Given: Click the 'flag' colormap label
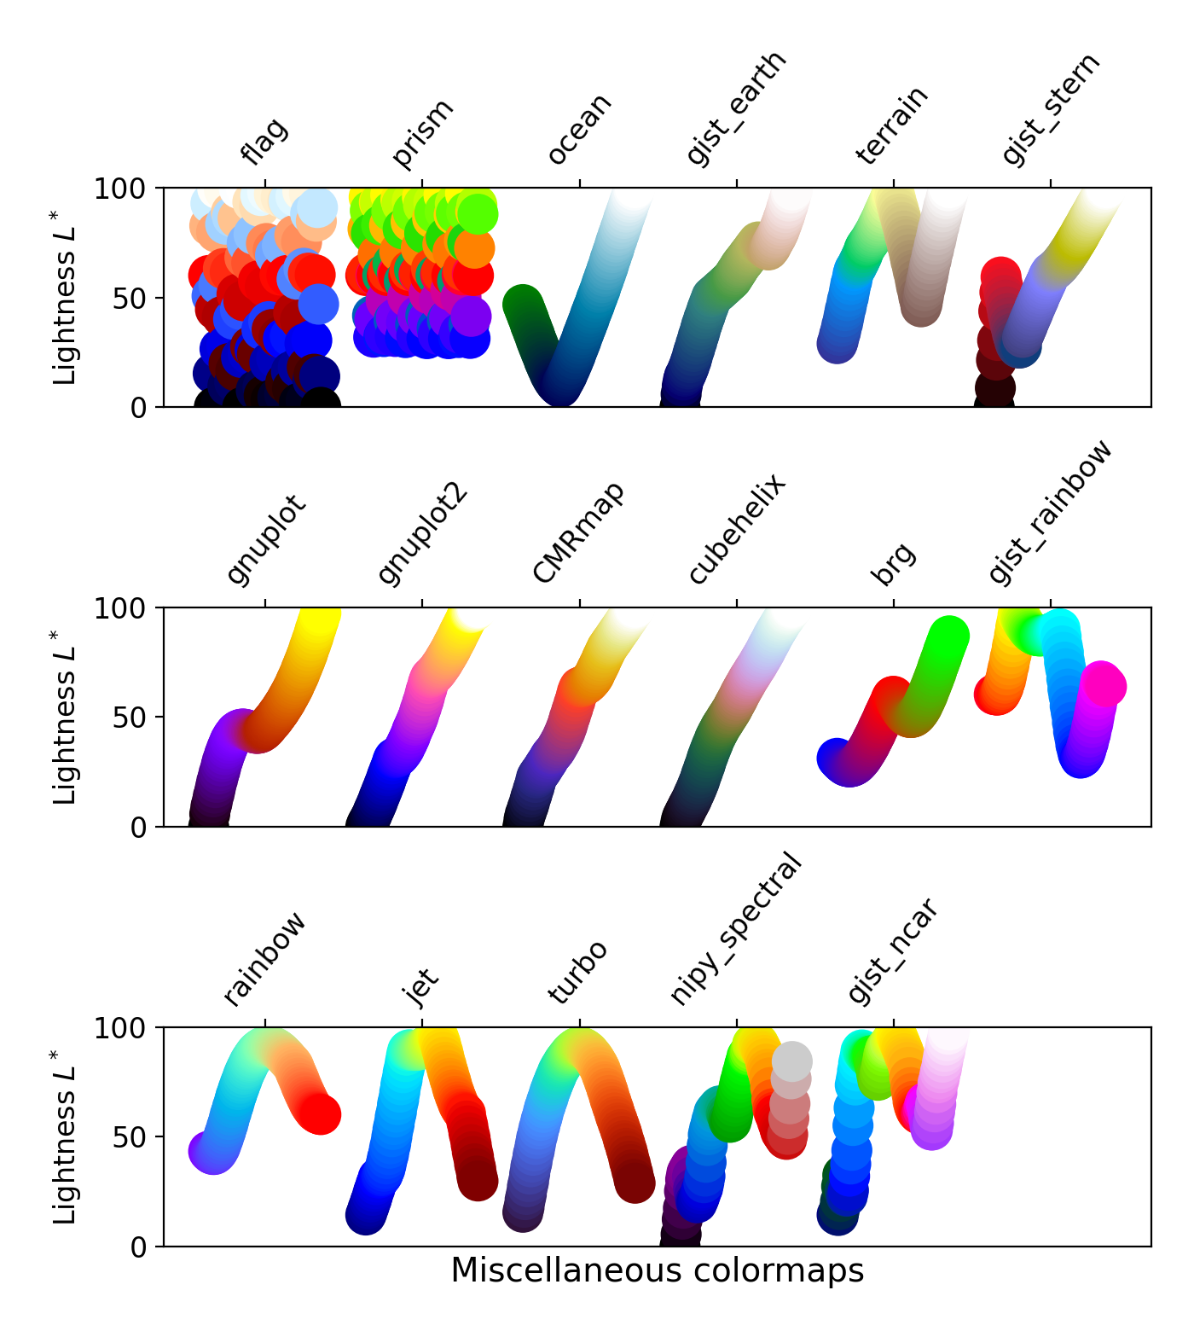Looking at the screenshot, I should [x=265, y=142].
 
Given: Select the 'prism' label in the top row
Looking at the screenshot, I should [x=422, y=133].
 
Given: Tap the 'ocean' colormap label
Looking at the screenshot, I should [x=579, y=129].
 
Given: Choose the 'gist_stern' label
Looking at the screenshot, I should [x=1051, y=109].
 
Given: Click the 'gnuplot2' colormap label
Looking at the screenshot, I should [x=423, y=534].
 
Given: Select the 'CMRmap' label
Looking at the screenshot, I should [x=579, y=532].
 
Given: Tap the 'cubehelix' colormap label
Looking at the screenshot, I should [x=737, y=530].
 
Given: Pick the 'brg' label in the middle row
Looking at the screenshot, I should [x=893, y=564].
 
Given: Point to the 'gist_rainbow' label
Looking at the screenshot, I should [x=1051, y=512].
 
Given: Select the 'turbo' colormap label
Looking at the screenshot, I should [x=578, y=973].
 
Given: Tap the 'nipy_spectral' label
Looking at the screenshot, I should [x=736, y=928].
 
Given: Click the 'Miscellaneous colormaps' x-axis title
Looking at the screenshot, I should [x=657, y=1270].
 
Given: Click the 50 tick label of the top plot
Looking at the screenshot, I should [x=128, y=299].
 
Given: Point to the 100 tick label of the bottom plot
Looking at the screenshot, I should [x=120, y=1028].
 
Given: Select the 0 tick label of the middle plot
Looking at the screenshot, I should [x=138, y=828].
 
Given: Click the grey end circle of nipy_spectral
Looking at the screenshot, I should [x=791, y=1061].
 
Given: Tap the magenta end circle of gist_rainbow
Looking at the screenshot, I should [x=1104, y=685].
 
